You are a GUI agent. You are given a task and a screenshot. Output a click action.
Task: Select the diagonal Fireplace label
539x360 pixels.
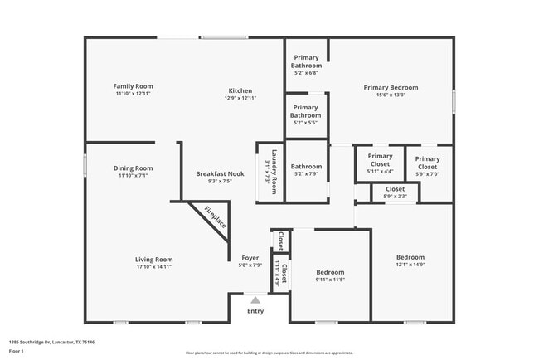coord(216,217)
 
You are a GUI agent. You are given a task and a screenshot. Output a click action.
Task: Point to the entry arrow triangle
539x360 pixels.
coord(255,300)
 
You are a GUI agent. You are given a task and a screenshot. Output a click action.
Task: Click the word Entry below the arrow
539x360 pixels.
coord(255,312)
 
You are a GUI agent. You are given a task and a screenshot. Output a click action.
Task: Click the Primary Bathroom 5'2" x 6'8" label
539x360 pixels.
coord(306,65)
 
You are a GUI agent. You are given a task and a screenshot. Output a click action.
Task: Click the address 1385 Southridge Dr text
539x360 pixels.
coord(51,342)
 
